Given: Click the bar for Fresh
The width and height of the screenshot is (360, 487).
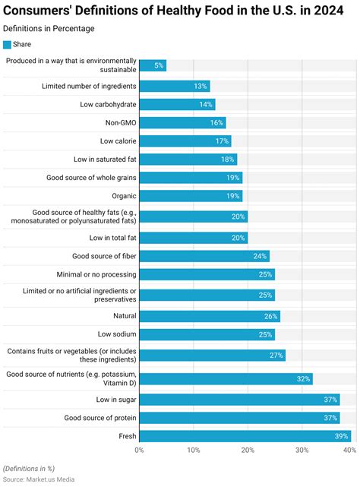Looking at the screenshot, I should [x=245, y=436].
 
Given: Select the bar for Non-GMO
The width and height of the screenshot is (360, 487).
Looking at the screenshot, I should [x=182, y=122].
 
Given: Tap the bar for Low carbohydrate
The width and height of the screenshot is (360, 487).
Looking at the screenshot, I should [x=177, y=104].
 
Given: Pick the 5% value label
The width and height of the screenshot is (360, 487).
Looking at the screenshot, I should [x=158, y=66].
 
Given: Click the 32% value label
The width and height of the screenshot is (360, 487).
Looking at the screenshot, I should [x=302, y=378].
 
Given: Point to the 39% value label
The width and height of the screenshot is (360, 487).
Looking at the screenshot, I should [x=341, y=436].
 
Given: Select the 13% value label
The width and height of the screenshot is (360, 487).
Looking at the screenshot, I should [x=201, y=86].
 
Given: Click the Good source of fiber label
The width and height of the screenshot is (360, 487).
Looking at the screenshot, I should [x=104, y=256].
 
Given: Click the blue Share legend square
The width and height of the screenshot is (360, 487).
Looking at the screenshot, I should [x=8, y=44].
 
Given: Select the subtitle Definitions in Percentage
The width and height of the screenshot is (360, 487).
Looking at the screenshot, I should [x=49, y=28].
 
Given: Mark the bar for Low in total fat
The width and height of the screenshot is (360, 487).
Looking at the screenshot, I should [x=193, y=238].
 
